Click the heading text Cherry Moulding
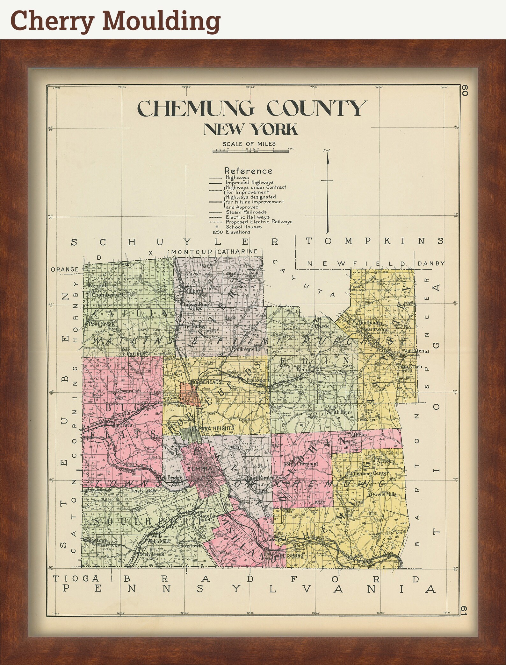pyautogui.click(x=115, y=20)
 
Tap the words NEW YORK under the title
pyautogui.click(x=250, y=129)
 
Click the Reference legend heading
pyautogui.click(x=249, y=171)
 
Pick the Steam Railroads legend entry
pyautogui.click(x=246, y=212)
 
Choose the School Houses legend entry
pyautogui.click(x=243, y=227)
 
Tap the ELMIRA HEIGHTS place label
pyautogui.click(x=213, y=429)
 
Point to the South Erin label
pyautogui.click(x=338, y=412)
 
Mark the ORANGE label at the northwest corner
pyautogui.click(x=65, y=269)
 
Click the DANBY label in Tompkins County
pyautogui.click(x=430, y=263)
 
